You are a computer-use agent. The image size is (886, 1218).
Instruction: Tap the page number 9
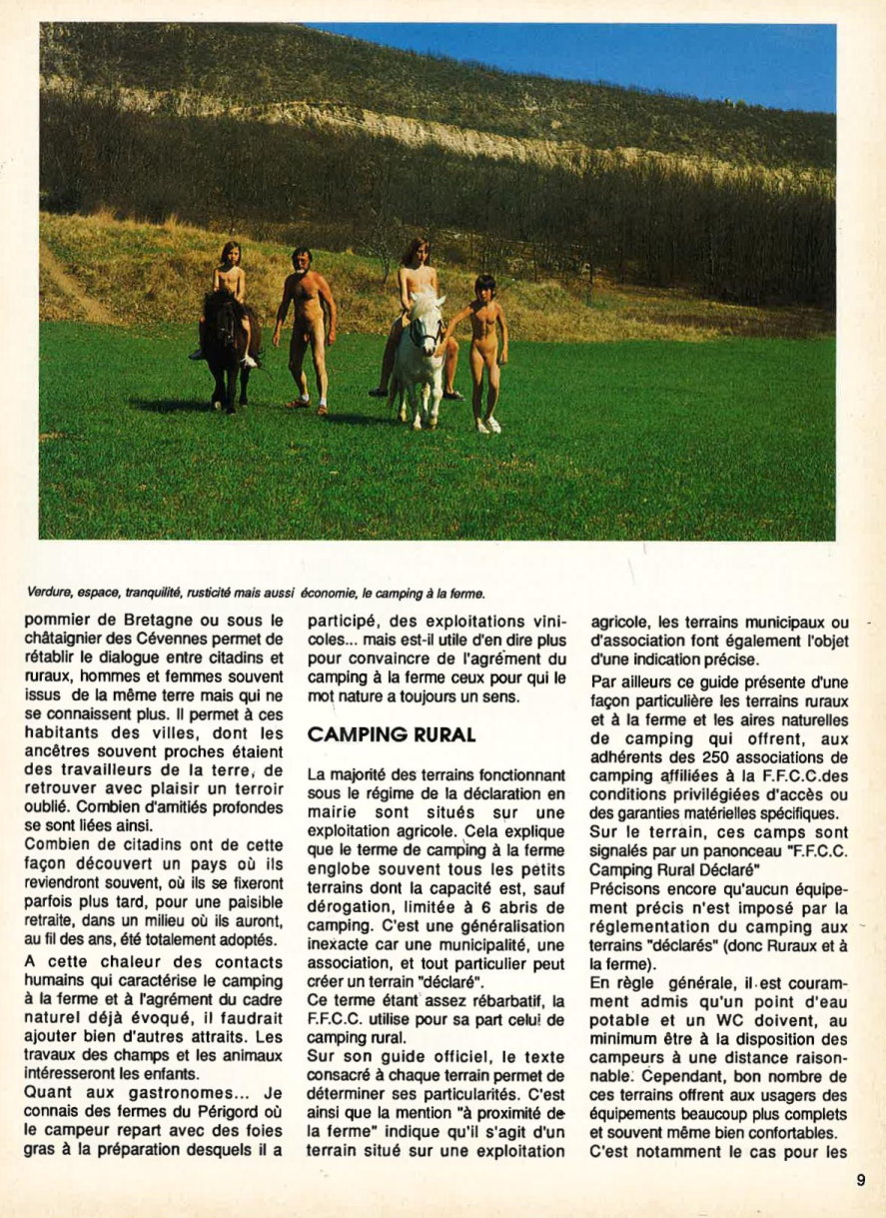tap(860, 1179)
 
